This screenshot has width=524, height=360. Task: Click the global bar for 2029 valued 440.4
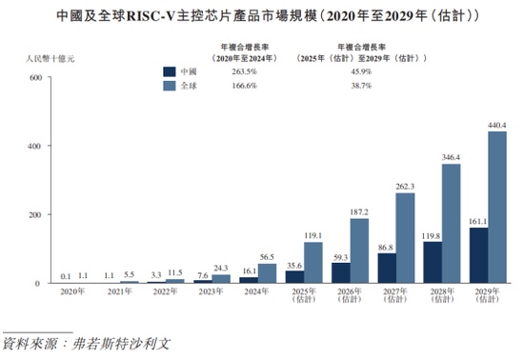(x=496, y=208)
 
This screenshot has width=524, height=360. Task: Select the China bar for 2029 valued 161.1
(x=478, y=255)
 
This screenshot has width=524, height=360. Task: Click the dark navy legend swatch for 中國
(x=170, y=70)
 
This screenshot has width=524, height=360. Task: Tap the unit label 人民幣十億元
(x=50, y=59)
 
